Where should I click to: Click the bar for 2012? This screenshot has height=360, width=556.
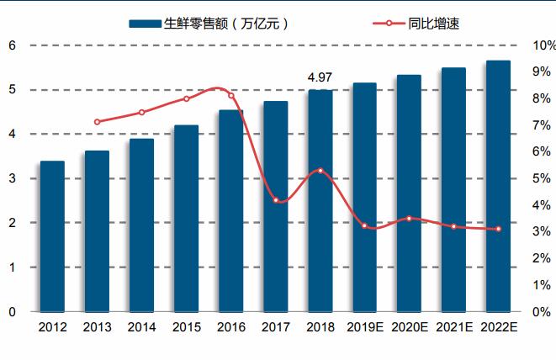(52, 236)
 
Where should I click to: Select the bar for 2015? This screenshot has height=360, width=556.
(186, 218)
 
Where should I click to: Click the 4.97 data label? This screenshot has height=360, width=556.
(320, 78)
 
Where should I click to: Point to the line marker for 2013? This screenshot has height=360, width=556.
(97, 122)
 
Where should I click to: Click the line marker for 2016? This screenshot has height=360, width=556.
(231, 95)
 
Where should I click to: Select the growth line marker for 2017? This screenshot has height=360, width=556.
(276, 200)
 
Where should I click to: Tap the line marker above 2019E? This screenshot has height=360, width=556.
(364, 225)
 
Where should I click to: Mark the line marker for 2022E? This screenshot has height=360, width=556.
(498, 229)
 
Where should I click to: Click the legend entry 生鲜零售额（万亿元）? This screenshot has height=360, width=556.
(210, 24)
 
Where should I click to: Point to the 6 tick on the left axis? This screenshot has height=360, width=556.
(13, 45)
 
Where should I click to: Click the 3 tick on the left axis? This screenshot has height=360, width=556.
(13, 178)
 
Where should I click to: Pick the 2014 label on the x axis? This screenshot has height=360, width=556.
(141, 328)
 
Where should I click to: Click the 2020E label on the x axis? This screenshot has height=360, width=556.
(409, 328)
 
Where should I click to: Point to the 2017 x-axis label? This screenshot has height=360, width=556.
(275, 328)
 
